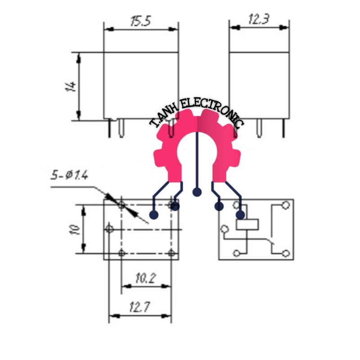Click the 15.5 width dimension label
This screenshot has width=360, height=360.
coord(140,21)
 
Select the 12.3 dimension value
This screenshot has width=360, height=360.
coord(259,19)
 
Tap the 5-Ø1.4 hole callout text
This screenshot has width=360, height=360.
coord(69,175)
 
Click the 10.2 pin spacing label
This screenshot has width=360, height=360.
coord(145,278)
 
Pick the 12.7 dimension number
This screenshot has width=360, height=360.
coord(140,307)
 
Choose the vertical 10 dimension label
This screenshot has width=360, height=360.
coord(75,229)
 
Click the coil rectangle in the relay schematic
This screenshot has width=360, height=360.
coord(247,225)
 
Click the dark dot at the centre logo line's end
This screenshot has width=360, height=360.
coord(197,192)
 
